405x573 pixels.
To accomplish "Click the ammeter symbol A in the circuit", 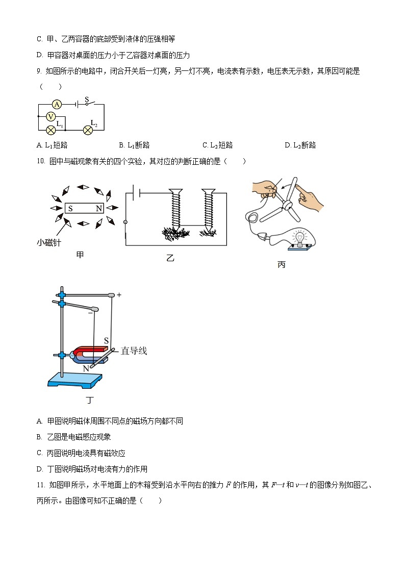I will [57, 104].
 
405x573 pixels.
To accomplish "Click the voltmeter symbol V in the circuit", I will [50, 116].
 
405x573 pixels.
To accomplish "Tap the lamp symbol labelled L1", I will [50, 130].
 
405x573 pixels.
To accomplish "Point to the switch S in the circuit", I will [88, 102].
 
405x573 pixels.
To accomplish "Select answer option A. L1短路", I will [53, 145].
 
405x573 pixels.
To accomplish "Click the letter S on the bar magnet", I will [70, 209].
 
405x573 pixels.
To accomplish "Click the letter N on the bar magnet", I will [98, 209].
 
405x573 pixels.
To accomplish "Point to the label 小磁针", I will [49, 243].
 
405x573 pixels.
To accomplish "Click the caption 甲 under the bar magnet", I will [80, 255].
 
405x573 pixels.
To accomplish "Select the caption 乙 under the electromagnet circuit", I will [170, 258].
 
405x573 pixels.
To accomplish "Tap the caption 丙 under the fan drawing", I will [281, 265].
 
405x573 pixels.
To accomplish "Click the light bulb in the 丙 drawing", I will [300, 237].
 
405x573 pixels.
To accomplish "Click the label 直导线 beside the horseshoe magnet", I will [134, 351].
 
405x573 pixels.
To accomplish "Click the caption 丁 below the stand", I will [90, 400].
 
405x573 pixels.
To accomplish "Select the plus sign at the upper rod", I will [119, 295].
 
